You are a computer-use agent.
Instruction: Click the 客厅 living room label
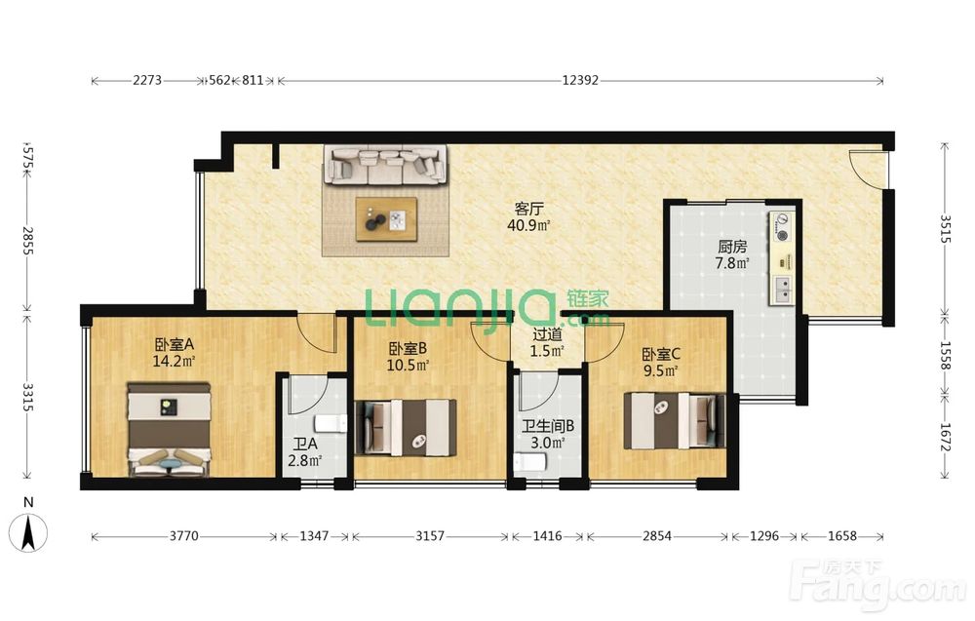(527, 209)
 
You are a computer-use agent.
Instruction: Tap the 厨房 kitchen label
(732, 247)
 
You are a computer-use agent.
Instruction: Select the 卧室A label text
(175, 344)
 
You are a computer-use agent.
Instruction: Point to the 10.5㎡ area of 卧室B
(408, 365)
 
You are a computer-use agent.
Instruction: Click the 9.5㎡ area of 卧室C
(660, 371)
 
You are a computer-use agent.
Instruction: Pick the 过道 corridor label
(547, 335)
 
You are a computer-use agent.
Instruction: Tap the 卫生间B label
(547, 426)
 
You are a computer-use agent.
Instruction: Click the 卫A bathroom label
(305, 444)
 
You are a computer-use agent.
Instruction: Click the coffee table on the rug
(387, 218)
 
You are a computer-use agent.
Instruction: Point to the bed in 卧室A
(169, 429)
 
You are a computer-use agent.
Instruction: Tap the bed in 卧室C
(675, 419)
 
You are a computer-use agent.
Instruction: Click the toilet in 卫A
(331, 423)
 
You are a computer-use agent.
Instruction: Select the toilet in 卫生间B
(530, 462)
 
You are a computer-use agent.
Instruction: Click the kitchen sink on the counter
(782, 291)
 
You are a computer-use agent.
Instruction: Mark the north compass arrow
(28, 533)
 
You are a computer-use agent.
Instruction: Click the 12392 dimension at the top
(579, 80)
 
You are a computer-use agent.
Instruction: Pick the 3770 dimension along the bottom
(184, 536)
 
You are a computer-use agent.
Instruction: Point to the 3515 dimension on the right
(945, 229)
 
